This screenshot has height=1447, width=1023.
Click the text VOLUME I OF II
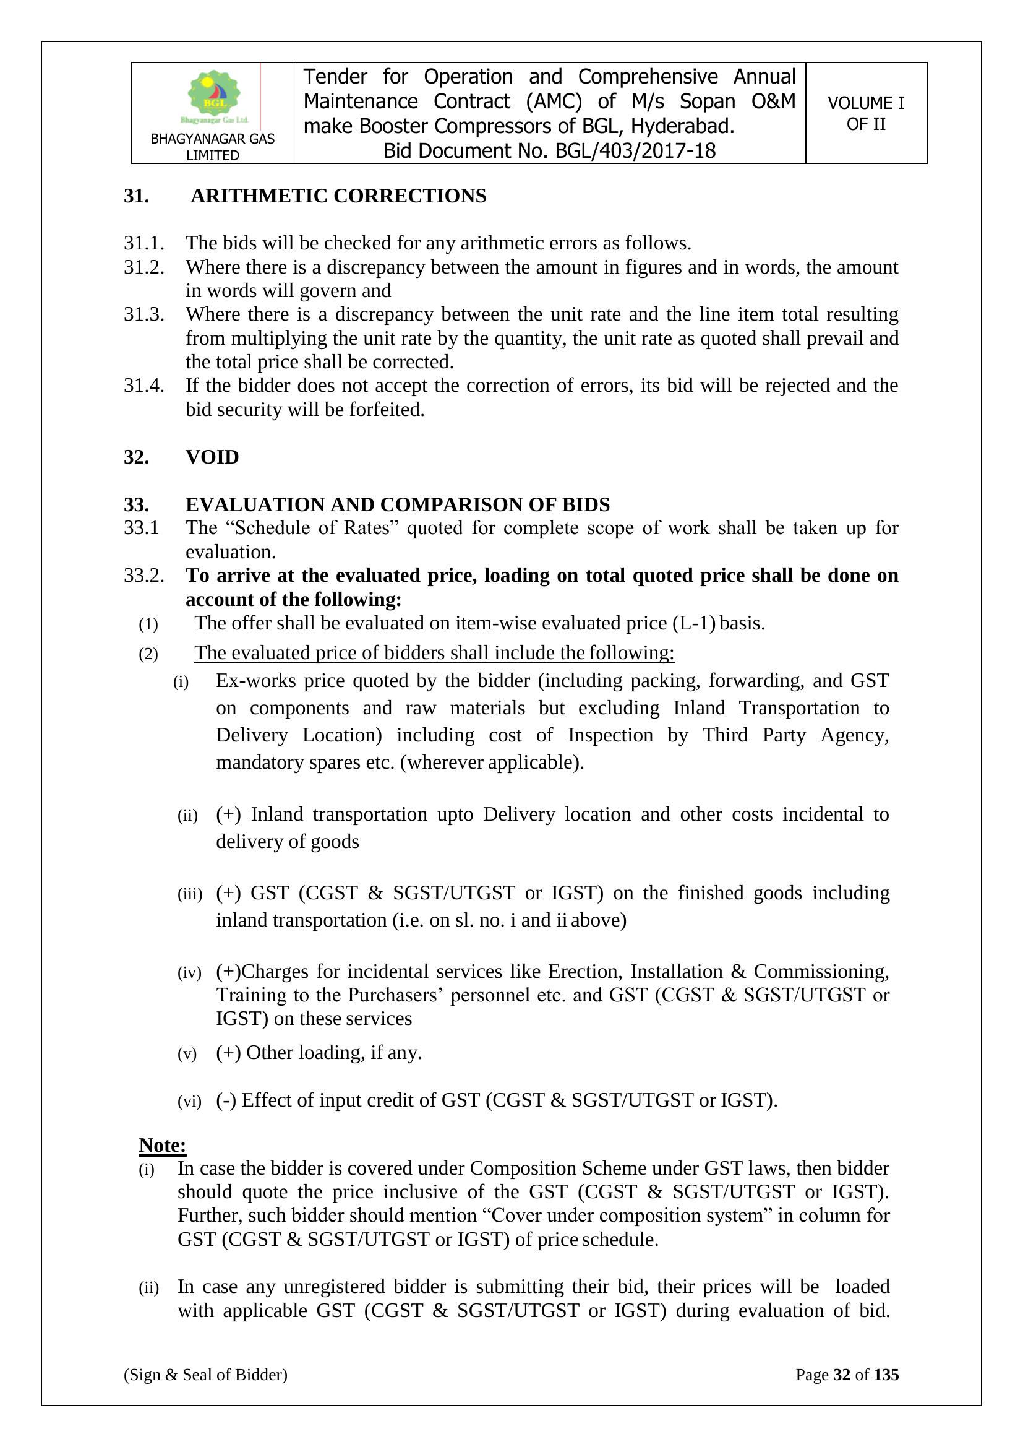coord(865,113)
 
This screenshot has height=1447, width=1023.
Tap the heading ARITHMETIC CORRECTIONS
coord(338,196)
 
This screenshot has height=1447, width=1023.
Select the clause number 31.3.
coord(143,314)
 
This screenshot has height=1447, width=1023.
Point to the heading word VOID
coord(212,456)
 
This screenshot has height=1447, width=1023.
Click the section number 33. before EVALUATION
coord(136,504)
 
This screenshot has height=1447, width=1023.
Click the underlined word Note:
coord(163,1144)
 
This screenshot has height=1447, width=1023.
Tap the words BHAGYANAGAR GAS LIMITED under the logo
coord(212,147)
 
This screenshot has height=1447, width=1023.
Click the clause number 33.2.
coord(143,576)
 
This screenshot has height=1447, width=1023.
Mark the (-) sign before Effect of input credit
coord(226,1100)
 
